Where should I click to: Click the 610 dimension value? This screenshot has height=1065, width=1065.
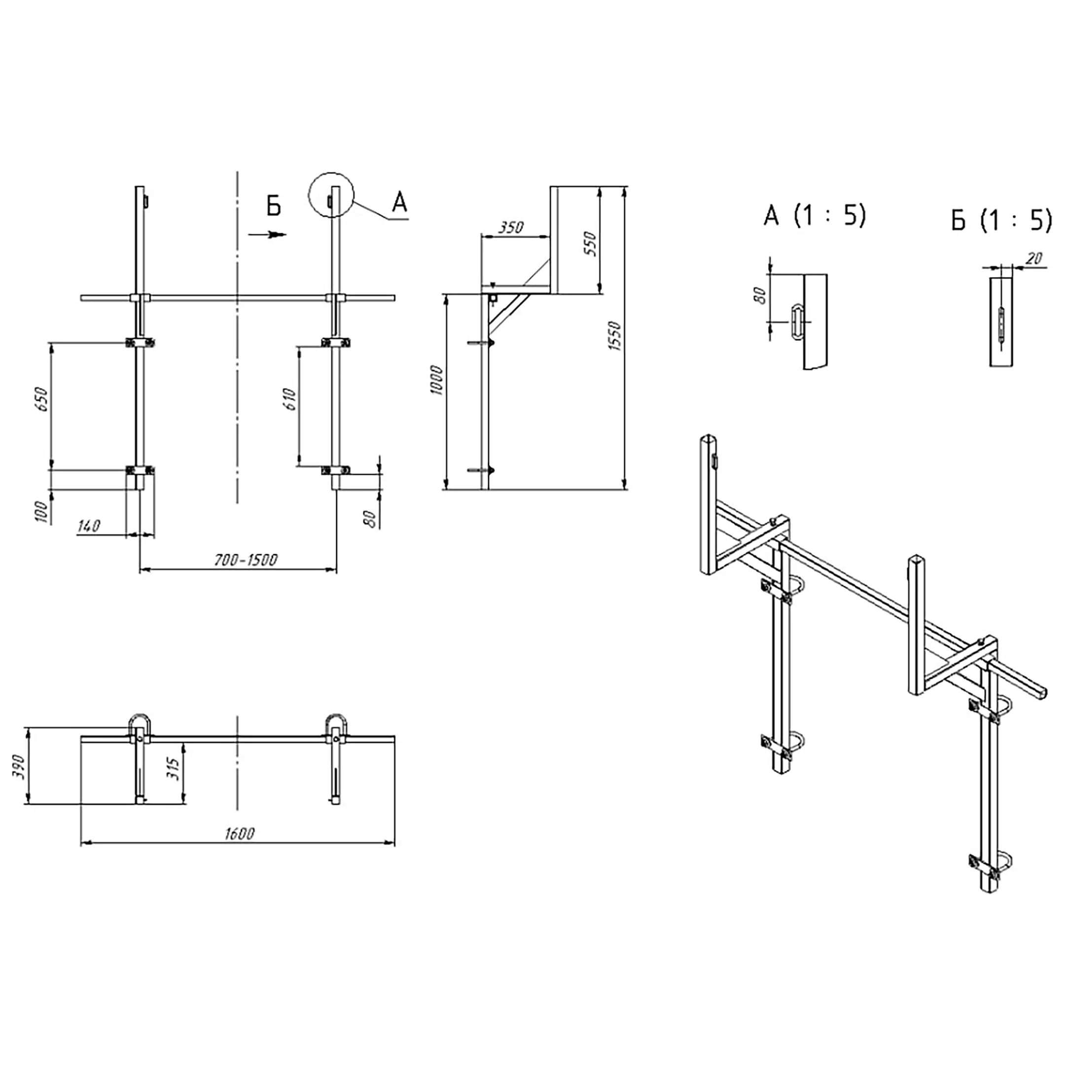tap(290, 399)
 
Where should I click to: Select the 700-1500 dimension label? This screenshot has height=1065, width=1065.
tap(246, 560)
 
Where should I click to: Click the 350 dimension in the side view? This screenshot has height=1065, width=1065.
tap(511, 227)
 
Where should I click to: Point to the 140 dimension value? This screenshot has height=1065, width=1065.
tap(89, 526)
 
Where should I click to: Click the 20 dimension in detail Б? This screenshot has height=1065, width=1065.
tap(1035, 258)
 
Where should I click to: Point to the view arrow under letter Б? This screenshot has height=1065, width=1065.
tap(268, 234)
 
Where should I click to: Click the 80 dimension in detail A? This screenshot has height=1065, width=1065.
tap(760, 295)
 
